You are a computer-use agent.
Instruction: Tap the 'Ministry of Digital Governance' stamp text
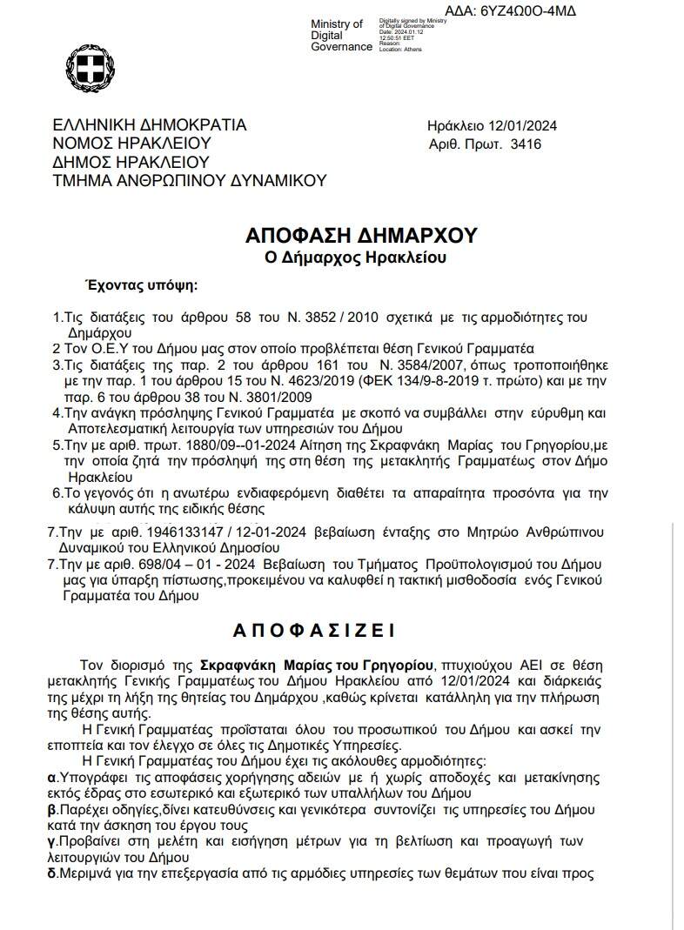pyautogui.click(x=340, y=35)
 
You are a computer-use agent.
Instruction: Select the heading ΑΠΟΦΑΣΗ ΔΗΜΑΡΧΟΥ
pyautogui.click(x=360, y=236)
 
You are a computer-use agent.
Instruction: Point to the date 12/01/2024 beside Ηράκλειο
pyautogui.click(x=521, y=125)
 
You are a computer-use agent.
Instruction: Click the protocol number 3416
pyautogui.click(x=526, y=144)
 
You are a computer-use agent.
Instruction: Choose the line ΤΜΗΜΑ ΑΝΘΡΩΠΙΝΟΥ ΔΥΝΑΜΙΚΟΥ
pyautogui.click(x=189, y=180)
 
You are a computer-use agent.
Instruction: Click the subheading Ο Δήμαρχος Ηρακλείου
pyautogui.click(x=360, y=258)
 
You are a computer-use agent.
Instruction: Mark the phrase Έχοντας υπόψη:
pyautogui.click(x=139, y=284)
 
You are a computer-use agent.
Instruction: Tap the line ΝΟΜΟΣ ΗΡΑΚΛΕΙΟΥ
pyautogui.click(x=131, y=144)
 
